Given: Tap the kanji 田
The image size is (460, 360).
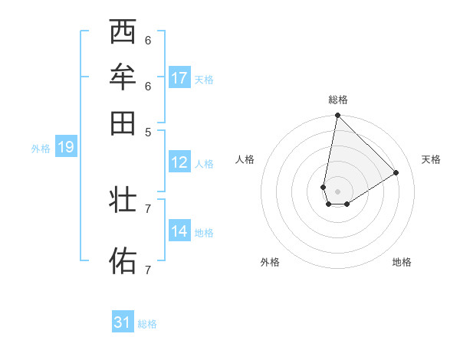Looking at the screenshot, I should [x=123, y=123].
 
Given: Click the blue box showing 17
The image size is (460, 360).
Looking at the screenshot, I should [x=179, y=78].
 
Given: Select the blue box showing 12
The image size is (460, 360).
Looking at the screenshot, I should [x=179, y=162].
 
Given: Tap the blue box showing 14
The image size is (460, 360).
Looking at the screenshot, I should [x=179, y=231].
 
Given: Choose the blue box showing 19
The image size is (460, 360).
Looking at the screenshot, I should [x=65, y=147].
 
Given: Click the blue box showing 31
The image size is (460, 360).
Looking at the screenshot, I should [x=123, y=322].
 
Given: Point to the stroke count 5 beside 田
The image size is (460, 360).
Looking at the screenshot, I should [x=148, y=131].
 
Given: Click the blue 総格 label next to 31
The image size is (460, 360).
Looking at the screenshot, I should [x=147, y=324].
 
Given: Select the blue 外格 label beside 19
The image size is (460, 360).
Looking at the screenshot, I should [x=41, y=149].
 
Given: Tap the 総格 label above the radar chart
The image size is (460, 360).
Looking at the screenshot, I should [x=337, y=100].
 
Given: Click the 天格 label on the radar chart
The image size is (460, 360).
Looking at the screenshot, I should [x=431, y=159].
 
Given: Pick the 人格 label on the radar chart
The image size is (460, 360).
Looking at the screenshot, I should [x=245, y=159].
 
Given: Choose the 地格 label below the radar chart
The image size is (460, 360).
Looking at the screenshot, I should [x=402, y=262].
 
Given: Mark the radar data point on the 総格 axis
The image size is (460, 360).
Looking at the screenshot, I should [x=337, y=116].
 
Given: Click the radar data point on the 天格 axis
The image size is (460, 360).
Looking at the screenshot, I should [x=396, y=172].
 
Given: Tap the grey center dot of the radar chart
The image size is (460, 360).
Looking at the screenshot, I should [x=337, y=191].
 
